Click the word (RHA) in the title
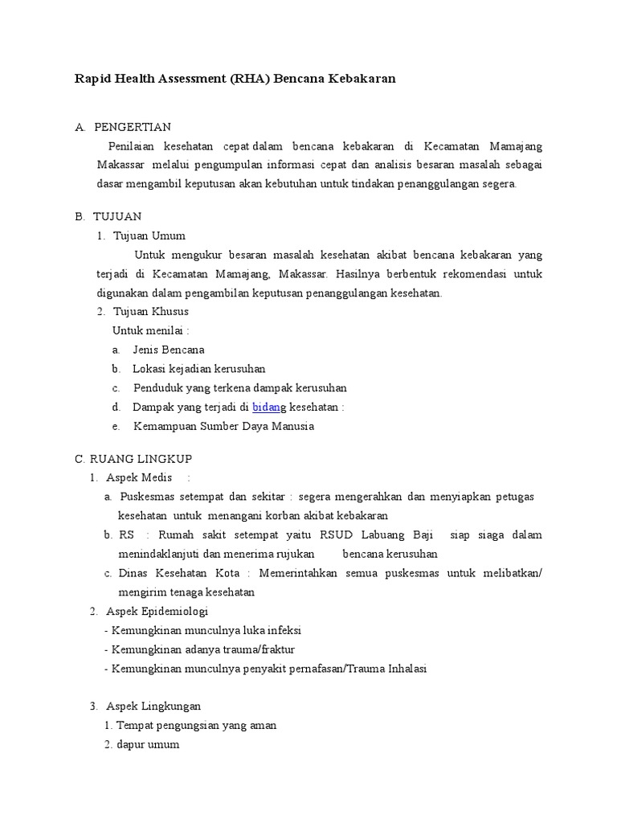coord(249,79)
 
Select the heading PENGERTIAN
coord(133,127)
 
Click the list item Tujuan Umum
coord(149,235)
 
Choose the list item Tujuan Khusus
coord(151,311)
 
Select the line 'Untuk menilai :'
coord(151,330)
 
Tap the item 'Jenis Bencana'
coord(169,350)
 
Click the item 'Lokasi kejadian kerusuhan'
coord(199,369)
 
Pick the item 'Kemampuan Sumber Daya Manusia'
coord(223,426)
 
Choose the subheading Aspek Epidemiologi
coord(157,612)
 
